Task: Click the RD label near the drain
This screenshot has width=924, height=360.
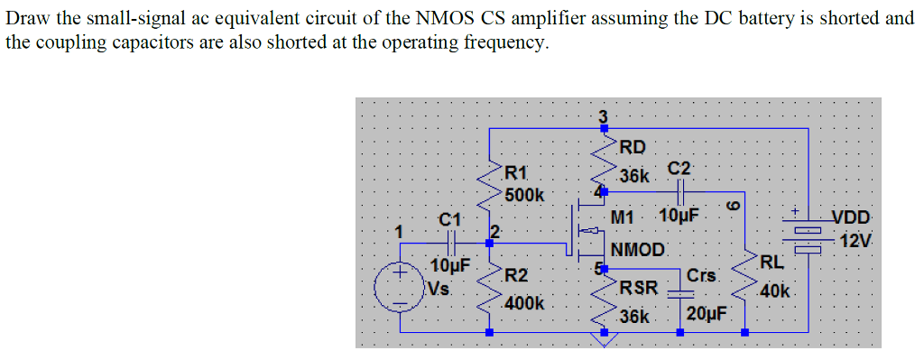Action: tap(633, 146)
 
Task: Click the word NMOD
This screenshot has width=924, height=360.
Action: tap(637, 249)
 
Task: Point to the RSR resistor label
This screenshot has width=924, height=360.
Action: tap(638, 289)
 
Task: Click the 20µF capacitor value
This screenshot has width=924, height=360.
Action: tap(707, 314)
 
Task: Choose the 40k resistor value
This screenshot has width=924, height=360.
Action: tap(775, 291)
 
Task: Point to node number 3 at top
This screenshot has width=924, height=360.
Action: tap(604, 115)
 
